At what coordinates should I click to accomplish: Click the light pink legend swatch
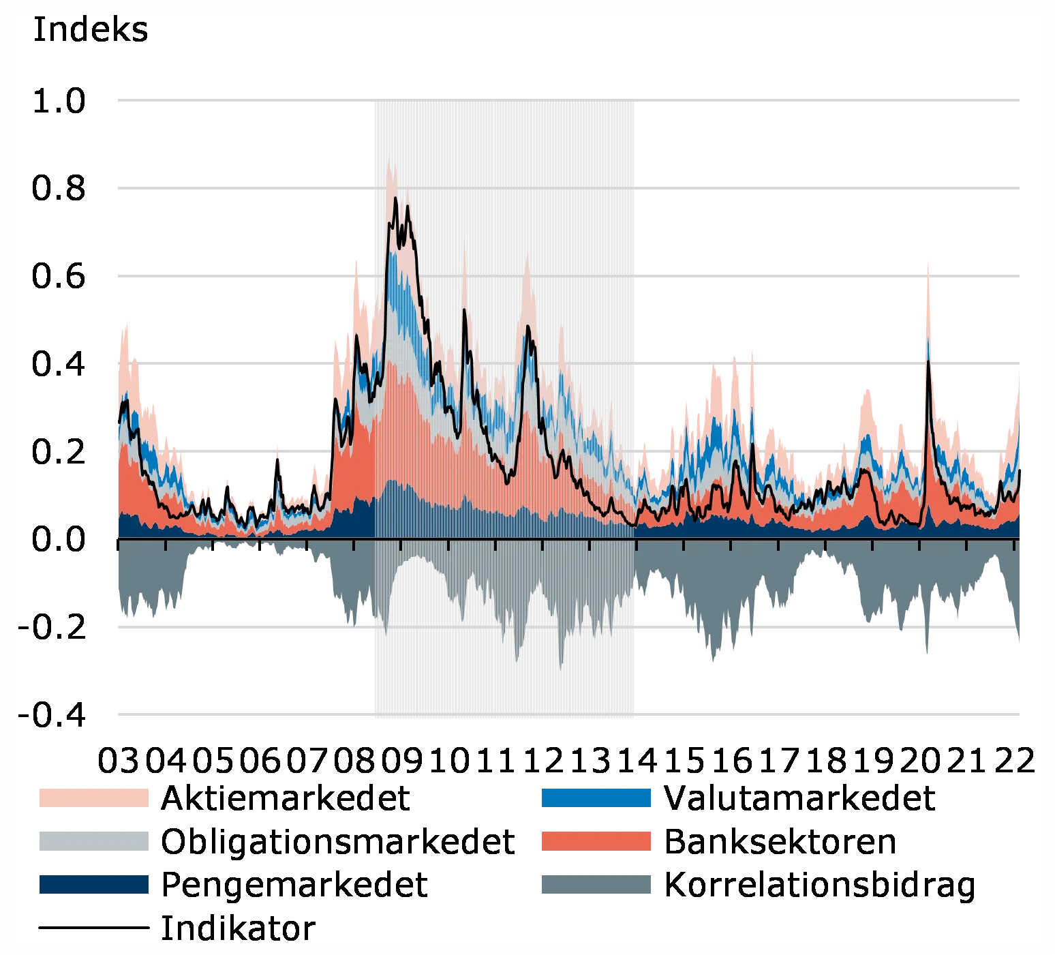click(95, 797)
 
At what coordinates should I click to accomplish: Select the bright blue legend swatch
click(596, 797)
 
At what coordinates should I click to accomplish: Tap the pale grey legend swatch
click(95, 840)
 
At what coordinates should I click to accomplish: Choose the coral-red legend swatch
click(596, 840)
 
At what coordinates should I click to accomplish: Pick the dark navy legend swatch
click(95, 883)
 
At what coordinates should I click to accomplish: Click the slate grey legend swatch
click(596, 883)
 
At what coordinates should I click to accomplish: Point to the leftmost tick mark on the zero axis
click(119, 543)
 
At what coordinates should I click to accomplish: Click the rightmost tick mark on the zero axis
click(1016, 543)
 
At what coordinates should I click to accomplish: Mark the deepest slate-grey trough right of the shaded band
click(712, 663)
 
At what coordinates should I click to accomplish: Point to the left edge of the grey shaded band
click(371, 409)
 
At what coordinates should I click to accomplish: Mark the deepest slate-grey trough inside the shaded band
click(560, 669)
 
